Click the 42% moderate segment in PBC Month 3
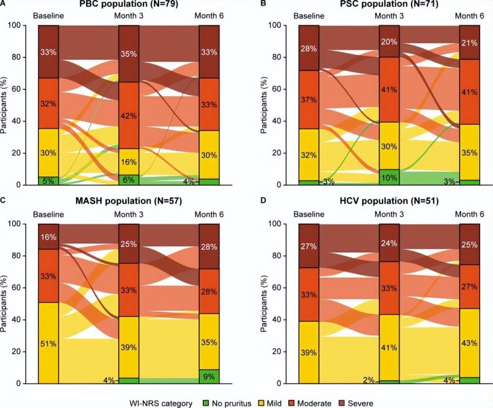tap(129, 115)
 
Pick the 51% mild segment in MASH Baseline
tap(48, 343)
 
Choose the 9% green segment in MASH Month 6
tap(209, 376)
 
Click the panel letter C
tap(4, 201)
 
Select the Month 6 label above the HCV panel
tap(470, 214)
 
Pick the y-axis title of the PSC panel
tap(264, 105)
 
